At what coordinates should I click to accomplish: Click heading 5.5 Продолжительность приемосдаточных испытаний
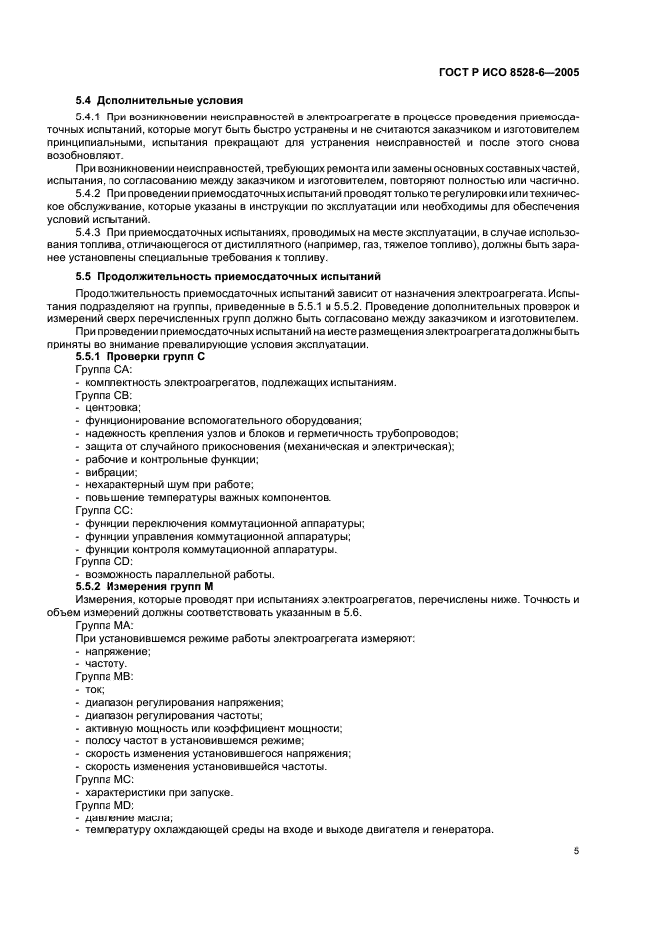click(x=228, y=275)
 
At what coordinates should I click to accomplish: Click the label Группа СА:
click(x=104, y=369)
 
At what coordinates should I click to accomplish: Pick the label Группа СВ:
click(x=104, y=395)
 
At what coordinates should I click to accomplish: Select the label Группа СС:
click(x=104, y=510)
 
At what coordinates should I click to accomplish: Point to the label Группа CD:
click(x=104, y=562)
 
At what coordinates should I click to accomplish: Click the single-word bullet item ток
click(x=95, y=689)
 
